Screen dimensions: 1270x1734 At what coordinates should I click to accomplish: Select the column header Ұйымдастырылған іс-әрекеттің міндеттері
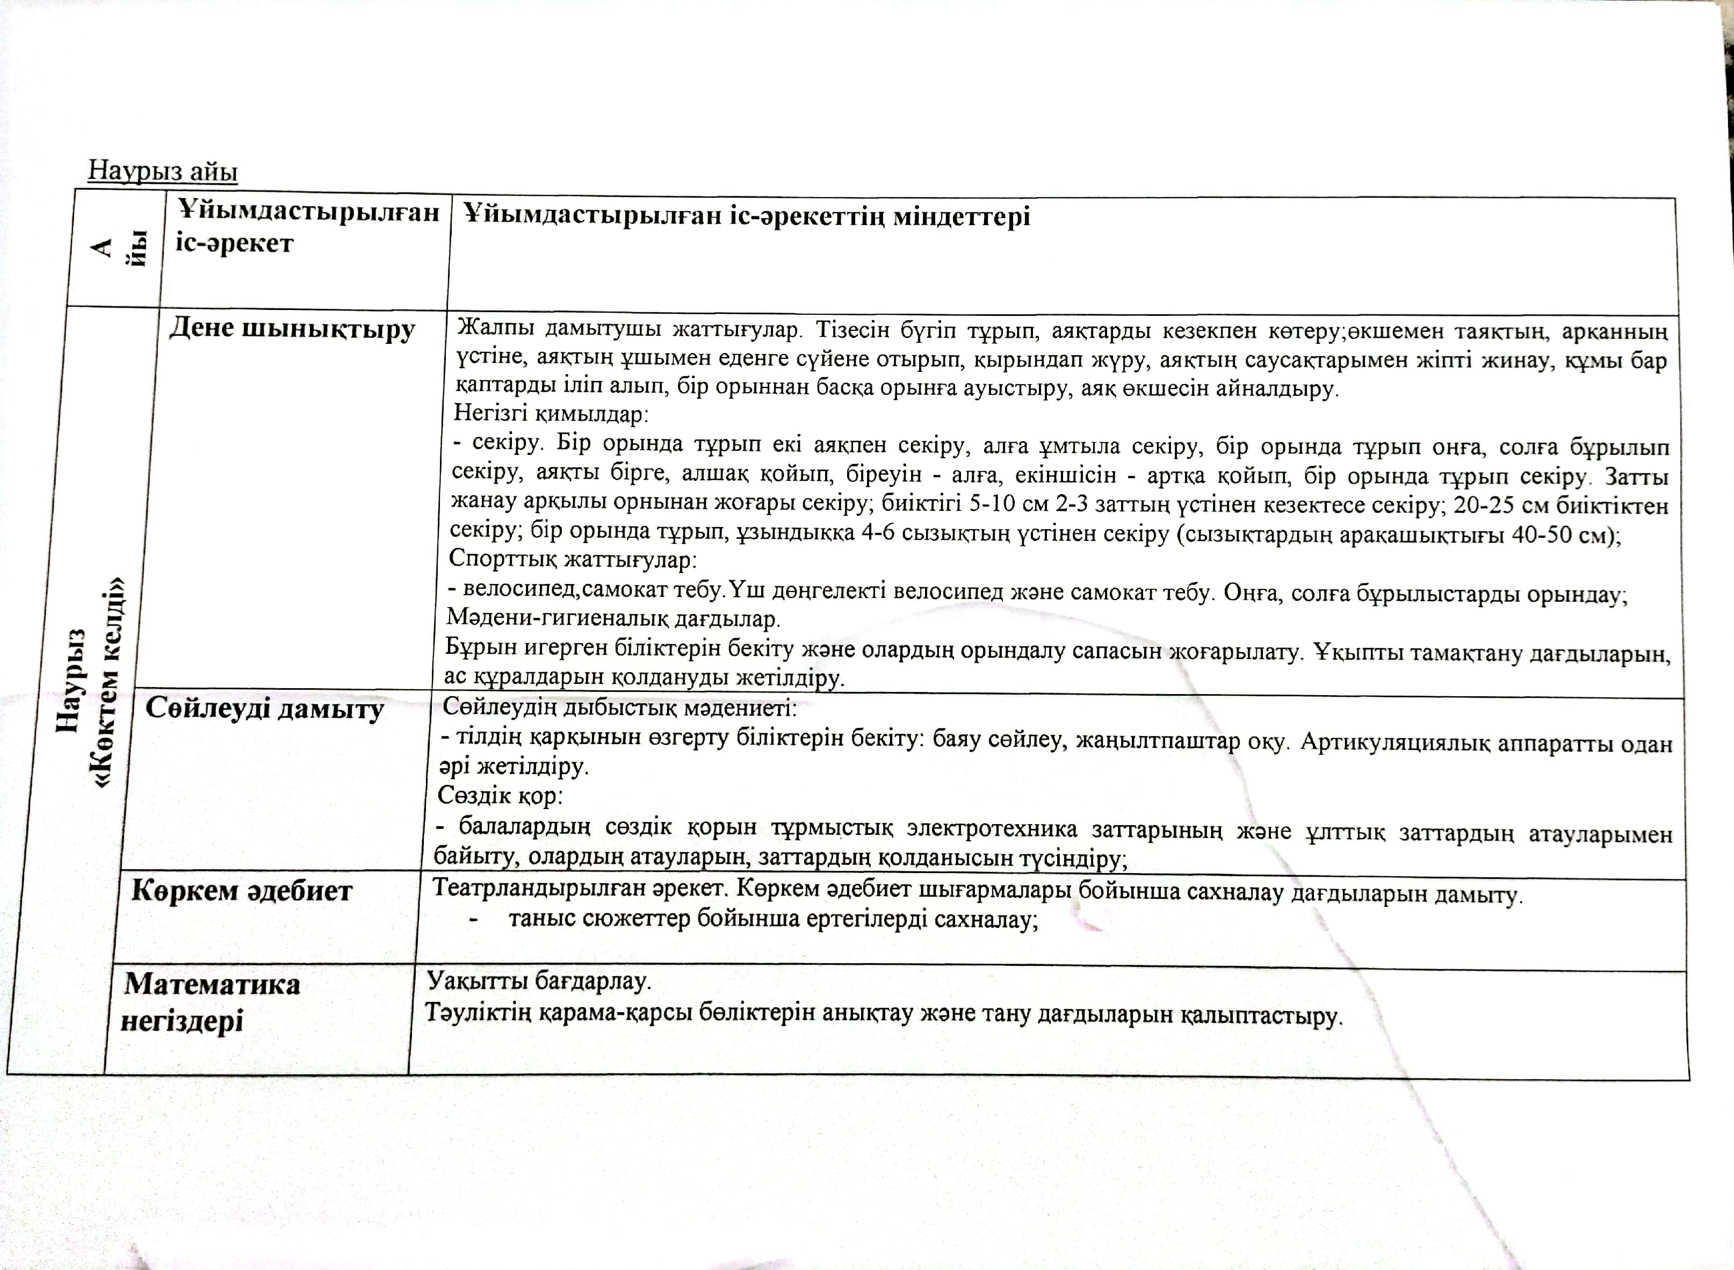coord(746,217)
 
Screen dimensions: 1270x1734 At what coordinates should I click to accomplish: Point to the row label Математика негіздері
coord(211,1002)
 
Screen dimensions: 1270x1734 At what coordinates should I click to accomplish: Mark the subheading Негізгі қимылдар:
coord(550,414)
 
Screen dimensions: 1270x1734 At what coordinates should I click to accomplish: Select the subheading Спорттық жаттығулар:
coord(572,559)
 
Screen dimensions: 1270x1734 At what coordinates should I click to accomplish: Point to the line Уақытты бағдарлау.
coord(539,980)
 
